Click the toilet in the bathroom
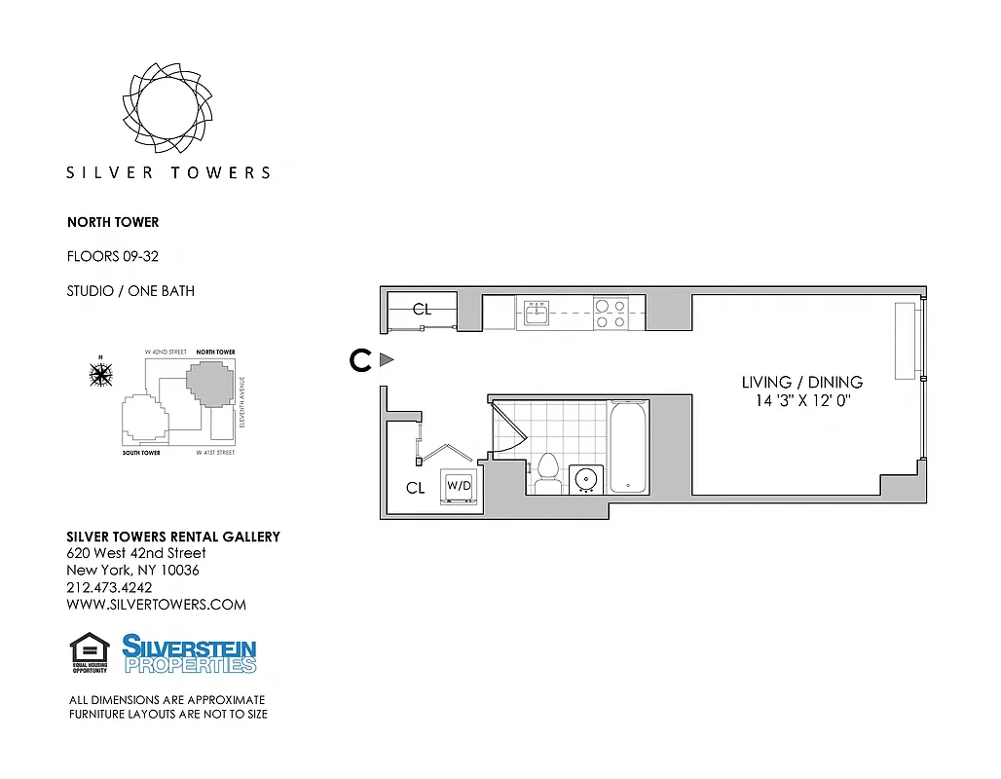(546, 472)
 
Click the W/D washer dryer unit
(459, 485)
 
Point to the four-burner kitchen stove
(610, 313)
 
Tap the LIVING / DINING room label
(801, 383)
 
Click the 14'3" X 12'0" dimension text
(801, 401)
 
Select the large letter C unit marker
(360, 360)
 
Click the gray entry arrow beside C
(386, 360)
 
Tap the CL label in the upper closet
(422, 310)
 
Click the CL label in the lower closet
(415, 488)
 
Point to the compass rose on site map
(100, 373)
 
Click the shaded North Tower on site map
(211, 384)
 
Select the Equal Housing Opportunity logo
(90, 652)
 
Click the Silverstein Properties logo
(189, 653)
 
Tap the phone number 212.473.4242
(109, 587)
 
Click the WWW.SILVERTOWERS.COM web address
(156, 605)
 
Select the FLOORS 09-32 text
(112, 256)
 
